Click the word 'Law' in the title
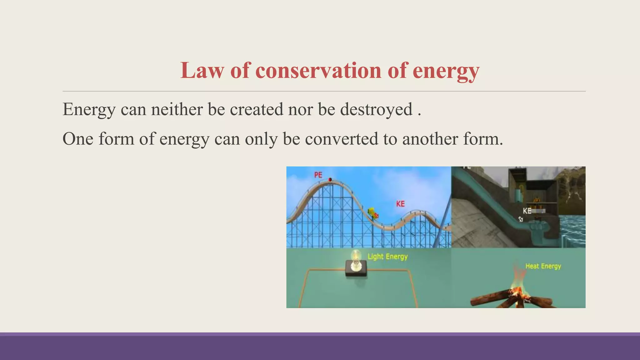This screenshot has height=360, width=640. click(202, 70)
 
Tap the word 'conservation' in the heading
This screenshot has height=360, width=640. click(318, 70)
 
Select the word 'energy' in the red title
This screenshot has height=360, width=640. click(446, 71)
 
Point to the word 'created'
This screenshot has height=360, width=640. click(256, 109)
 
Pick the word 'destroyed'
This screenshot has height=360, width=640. click(376, 110)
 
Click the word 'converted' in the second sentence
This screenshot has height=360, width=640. click(341, 139)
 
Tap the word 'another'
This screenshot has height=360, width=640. click(430, 139)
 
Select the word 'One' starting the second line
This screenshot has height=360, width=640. click(78, 139)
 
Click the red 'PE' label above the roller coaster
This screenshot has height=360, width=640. click(318, 175)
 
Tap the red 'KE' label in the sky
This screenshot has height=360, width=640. click(400, 204)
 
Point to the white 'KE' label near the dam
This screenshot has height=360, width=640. click(527, 211)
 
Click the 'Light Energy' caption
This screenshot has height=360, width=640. click(387, 257)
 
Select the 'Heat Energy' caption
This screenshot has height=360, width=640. click(543, 266)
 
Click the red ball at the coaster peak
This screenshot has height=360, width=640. click(330, 180)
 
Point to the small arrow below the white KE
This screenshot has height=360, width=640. click(521, 219)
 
